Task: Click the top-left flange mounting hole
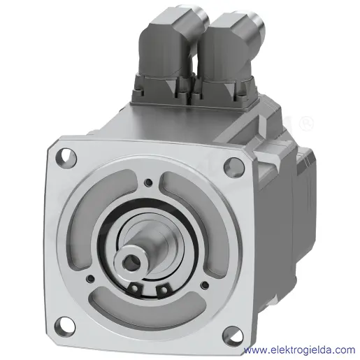66,157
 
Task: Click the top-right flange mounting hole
233,167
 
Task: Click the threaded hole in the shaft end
131,263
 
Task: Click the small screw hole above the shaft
148,182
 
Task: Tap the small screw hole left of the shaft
90,278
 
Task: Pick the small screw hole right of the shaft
205,285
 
